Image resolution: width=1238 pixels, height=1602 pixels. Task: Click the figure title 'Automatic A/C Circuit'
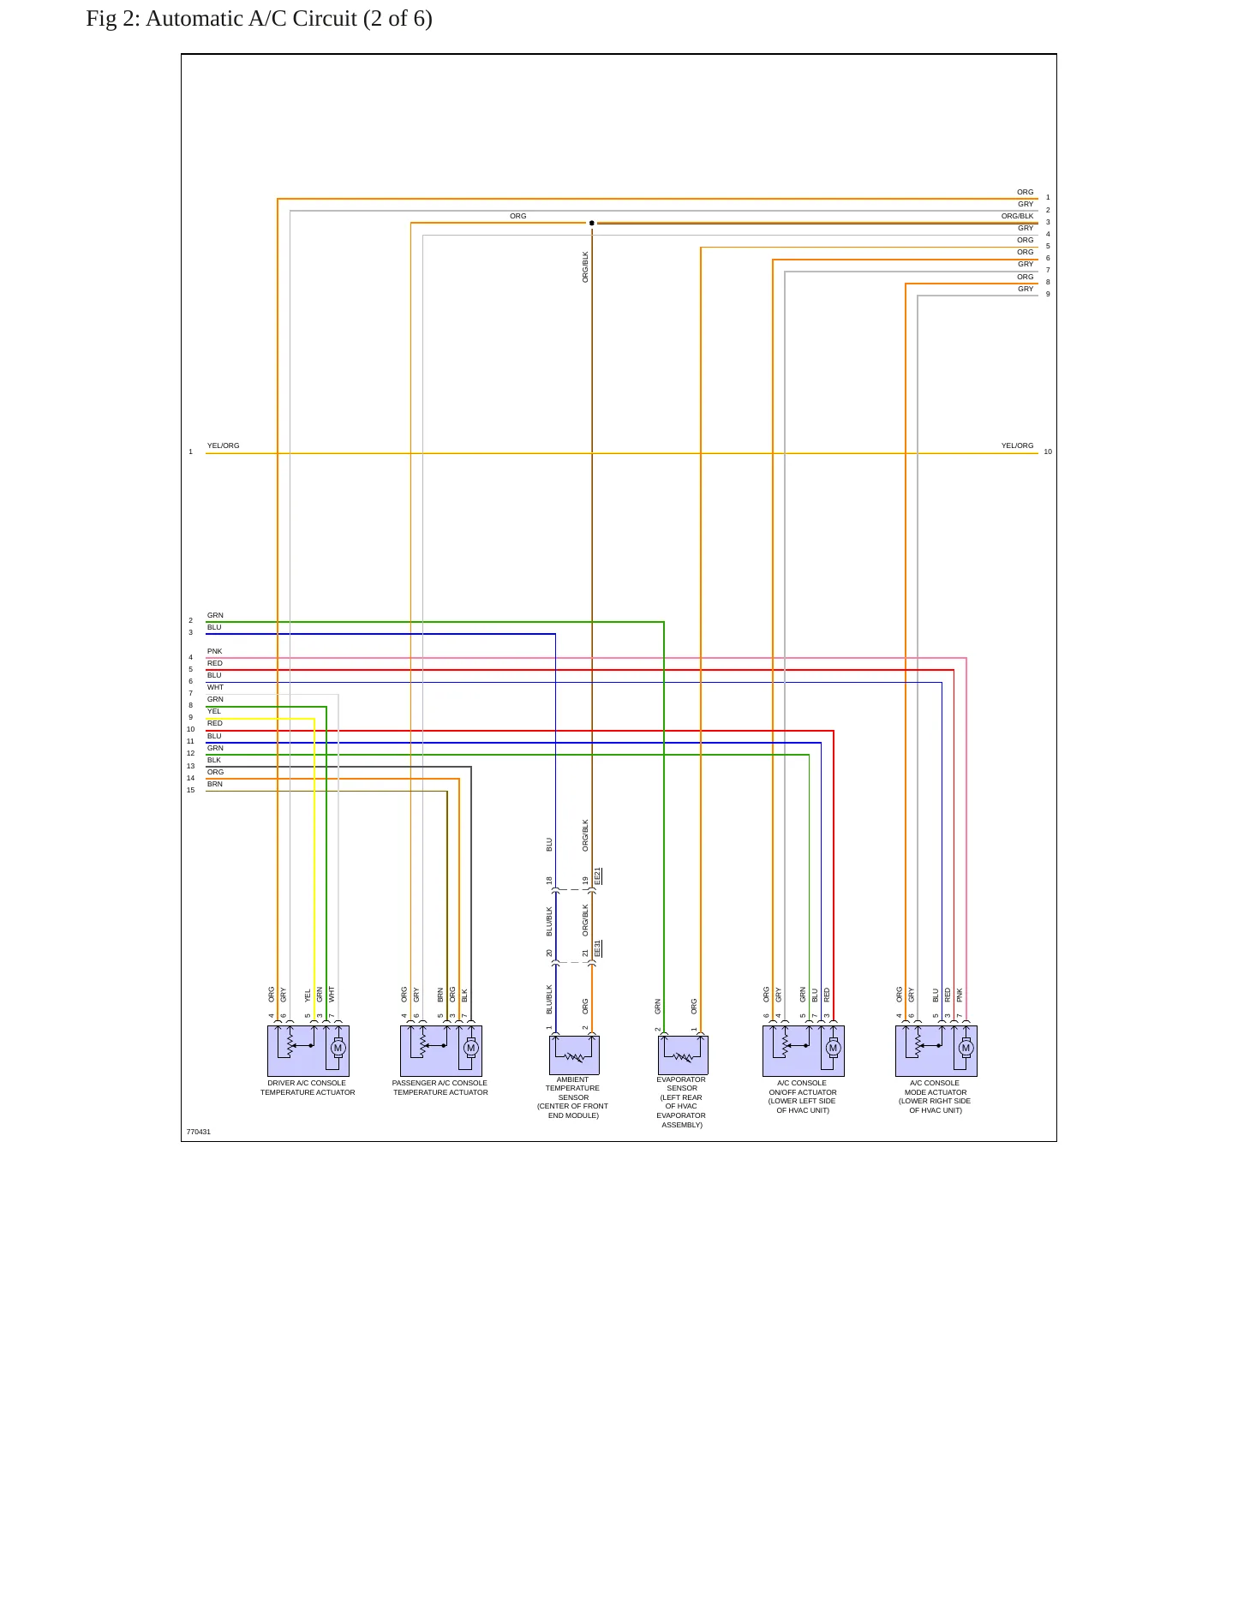(x=251, y=19)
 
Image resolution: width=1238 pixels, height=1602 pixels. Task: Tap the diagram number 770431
(x=198, y=1132)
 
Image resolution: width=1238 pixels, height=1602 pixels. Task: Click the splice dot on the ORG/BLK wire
(x=592, y=223)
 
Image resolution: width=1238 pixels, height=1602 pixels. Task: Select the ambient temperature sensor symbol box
(x=574, y=1055)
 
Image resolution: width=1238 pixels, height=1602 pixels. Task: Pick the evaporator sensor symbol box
(x=683, y=1055)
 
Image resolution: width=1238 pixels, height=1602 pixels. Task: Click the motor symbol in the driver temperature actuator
(x=338, y=1048)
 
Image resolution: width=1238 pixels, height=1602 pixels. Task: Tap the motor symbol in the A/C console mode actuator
(x=966, y=1048)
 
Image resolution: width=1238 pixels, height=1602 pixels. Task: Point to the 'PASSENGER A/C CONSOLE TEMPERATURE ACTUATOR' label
(x=440, y=1088)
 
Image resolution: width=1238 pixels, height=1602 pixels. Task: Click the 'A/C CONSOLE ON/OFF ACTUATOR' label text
(x=803, y=1088)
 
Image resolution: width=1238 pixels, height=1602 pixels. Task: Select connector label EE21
(x=598, y=876)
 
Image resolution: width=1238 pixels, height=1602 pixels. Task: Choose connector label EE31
(x=598, y=948)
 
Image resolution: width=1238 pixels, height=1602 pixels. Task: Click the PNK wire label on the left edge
(x=214, y=651)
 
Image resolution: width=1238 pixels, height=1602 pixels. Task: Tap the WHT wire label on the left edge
(x=215, y=687)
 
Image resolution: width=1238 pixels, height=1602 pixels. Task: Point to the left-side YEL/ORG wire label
(x=223, y=445)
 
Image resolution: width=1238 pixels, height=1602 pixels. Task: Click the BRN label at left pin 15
(x=214, y=784)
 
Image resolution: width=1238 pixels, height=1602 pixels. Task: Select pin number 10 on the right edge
(x=1048, y=451)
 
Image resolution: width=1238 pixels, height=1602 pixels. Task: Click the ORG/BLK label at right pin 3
(x=1017, y=216)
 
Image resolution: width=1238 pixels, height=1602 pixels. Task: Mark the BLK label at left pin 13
(x=214, y=760)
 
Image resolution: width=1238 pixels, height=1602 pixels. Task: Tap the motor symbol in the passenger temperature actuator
(x=470, y=1048)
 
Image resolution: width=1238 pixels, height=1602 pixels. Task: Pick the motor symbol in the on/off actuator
(x=833, y=1048)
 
